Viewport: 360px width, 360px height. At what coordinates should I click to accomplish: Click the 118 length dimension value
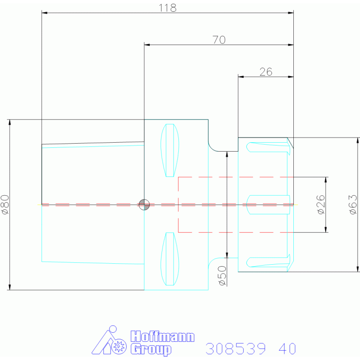coord(168,8)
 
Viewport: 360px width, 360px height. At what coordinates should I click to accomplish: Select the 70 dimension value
coord(219,40)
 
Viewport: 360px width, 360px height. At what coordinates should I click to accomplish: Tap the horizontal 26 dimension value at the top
coord(266,72)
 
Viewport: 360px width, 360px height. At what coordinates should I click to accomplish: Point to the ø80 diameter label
coord(5,205)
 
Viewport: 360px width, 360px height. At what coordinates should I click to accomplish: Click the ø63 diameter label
coord(353,205)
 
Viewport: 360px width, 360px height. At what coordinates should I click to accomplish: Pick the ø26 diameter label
coord(321,205)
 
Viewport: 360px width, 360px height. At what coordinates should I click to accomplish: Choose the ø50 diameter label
coord(222,276)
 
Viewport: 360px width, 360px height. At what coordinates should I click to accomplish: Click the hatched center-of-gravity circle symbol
coord(144,205)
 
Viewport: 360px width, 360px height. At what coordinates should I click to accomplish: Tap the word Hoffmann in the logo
coord(162,337)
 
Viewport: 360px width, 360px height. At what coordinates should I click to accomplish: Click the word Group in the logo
coord(151,350)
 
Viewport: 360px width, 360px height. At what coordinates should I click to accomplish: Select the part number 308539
coord(236,349)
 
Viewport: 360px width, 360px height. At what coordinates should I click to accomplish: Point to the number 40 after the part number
coord(287,349)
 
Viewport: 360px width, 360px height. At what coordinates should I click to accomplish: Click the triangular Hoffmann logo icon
coord(109,340)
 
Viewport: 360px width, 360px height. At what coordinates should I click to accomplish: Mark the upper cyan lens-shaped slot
coord(169,150)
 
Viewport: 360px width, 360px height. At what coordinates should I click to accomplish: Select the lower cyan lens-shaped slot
coord(169,259)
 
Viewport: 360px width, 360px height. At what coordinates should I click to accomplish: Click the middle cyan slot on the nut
coord(268,205)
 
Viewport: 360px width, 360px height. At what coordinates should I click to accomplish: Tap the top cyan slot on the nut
coord(268,147)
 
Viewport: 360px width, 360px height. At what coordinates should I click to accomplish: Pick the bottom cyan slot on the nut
coord(268,262)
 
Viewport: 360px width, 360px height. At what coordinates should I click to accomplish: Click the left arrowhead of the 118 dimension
coord(45,13)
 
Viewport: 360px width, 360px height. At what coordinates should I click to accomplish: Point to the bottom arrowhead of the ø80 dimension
coord(10,287)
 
